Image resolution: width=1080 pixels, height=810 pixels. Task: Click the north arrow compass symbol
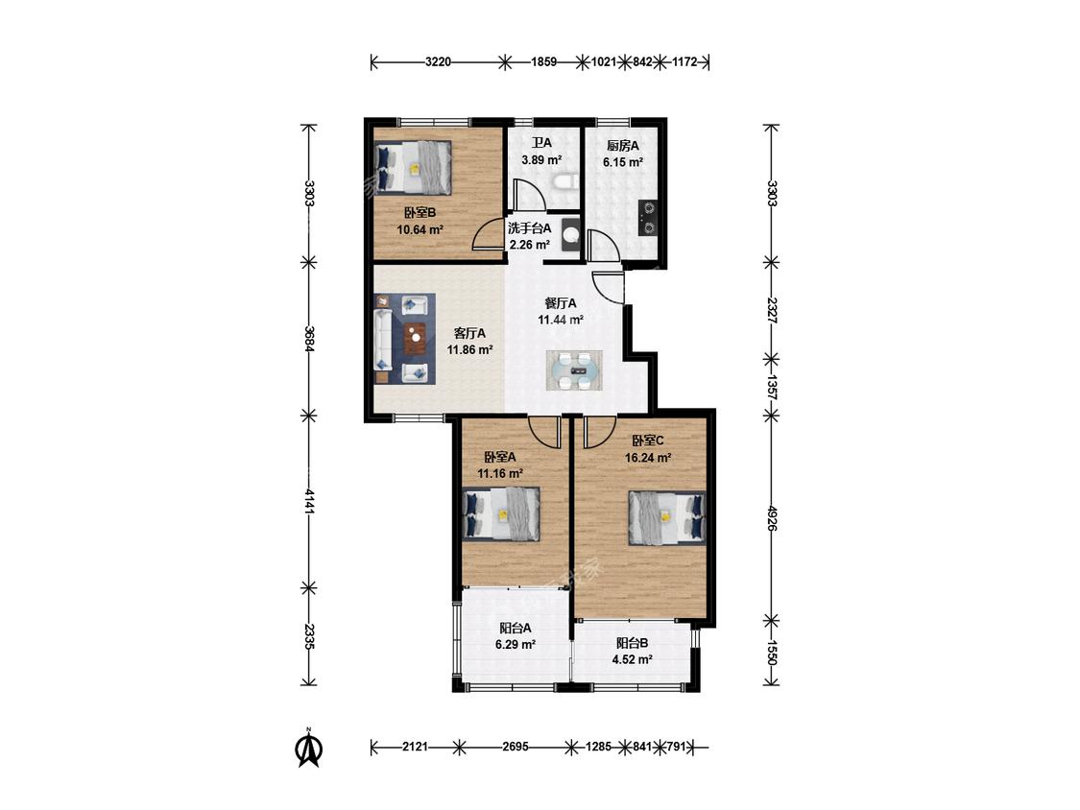point(309,749)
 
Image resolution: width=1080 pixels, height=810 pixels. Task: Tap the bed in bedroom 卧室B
point(413,167)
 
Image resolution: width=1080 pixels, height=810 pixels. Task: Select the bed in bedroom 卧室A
point(501,513)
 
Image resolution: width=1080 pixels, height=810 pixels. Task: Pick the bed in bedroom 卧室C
point(667,518)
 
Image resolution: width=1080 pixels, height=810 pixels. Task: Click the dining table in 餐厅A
point(575,370)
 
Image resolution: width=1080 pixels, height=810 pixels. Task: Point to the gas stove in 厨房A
point(649,218)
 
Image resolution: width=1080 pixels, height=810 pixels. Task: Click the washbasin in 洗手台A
point(570,235)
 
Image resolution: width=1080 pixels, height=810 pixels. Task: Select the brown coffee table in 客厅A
point(415,339)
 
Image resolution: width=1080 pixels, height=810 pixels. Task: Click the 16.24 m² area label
point(648,458)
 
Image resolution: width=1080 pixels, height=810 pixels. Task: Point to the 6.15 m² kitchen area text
point(623,162)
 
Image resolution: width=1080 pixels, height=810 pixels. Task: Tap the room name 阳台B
point(633,643)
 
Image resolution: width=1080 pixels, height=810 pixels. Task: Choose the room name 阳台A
point(516,629)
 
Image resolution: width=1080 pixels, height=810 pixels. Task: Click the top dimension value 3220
point(438,62)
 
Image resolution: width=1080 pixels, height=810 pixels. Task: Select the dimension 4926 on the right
point(772,517)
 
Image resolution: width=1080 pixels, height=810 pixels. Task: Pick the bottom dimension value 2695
point(516,747)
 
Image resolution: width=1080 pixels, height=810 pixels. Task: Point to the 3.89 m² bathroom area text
point(541,160)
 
